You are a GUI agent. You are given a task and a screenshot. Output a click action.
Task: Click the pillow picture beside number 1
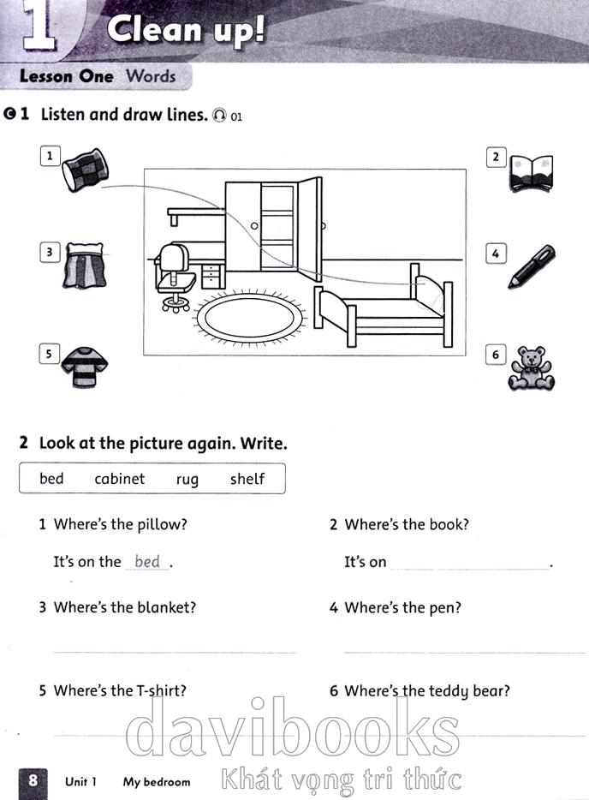tap(85, 170)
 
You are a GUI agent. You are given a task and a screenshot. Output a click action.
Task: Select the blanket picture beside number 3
tap(85, 266)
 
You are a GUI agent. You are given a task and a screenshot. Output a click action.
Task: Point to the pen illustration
tap(532, 266)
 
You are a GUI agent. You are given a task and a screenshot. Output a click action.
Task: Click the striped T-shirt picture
tap(85, 367)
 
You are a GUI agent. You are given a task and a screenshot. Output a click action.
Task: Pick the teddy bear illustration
tap(531, 368)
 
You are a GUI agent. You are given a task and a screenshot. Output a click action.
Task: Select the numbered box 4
tap(496, 253)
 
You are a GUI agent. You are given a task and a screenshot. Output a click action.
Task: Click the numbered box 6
tap(496, 355)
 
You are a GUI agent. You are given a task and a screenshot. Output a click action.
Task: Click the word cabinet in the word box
tap(119, 479)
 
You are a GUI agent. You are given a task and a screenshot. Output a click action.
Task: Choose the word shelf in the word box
tap(247, 479)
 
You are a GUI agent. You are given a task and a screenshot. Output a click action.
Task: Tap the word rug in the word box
tap(187, 481)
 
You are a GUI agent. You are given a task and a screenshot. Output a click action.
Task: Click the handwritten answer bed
tap(147, 561)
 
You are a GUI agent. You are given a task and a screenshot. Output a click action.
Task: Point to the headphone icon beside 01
tap(220, 116)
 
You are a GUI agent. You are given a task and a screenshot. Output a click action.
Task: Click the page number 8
tap(33, 780)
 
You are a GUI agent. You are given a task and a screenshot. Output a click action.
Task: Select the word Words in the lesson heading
tap(151, 76)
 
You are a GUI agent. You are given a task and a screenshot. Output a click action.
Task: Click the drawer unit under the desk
tap(210, 276)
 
